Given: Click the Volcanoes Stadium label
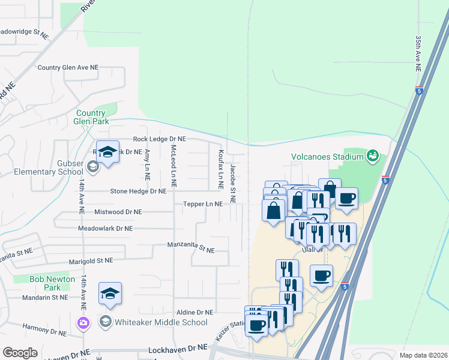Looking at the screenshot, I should (327, 157).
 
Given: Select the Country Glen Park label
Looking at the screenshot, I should (92, 117).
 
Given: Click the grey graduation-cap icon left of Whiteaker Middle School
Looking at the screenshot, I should (106, 322).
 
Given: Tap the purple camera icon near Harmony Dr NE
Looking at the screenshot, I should (83, 323).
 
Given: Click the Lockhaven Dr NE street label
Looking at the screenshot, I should (177, 347).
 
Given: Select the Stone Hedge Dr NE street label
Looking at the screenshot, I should (138, 191).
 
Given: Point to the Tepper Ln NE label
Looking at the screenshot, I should (203, 204).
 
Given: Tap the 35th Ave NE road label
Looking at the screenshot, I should (418, 53).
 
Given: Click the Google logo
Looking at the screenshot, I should (20, 353).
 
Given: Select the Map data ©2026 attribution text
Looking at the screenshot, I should (423, 355).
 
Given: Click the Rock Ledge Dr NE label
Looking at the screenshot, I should (159, 139).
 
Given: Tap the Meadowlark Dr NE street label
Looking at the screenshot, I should (106, 229).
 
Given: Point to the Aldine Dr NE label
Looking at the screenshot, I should (194, 313).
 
